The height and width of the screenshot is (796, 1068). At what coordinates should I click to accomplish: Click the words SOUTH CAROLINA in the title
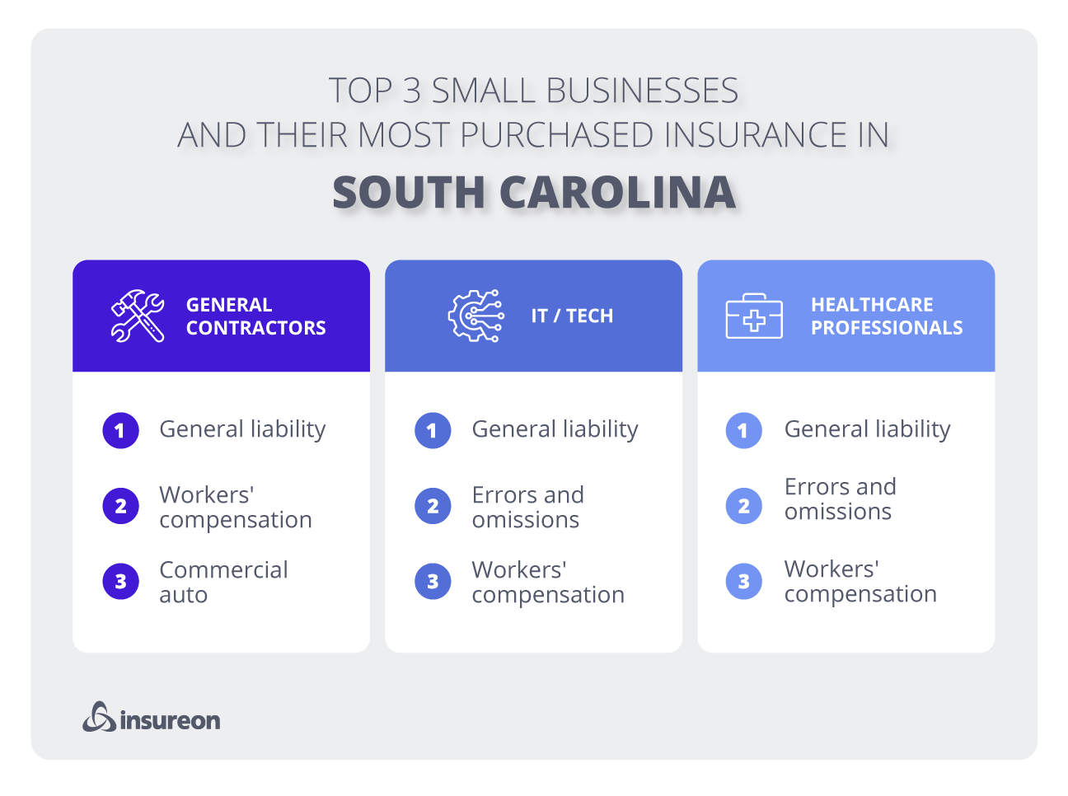[534, 192]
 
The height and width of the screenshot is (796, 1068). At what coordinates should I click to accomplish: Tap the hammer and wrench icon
[137, 316]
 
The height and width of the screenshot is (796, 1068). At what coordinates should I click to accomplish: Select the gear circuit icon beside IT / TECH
[475, 316]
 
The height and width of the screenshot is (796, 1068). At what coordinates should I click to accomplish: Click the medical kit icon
[754, 316]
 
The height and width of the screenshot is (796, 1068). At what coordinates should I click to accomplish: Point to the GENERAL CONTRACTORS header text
[255, 316]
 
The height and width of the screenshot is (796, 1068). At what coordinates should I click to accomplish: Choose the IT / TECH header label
[572, 316]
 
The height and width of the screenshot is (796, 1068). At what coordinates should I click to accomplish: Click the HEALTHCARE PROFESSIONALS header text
[886, 316]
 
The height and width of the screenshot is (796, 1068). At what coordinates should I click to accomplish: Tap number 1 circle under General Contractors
[120, 430]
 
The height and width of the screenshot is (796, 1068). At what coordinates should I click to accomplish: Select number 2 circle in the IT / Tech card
[433, 506]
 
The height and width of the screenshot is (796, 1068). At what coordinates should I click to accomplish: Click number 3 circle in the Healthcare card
[744, 582]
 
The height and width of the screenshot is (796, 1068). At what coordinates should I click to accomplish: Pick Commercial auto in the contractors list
[223, 582]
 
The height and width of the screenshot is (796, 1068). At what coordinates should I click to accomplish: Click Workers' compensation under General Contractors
[235, 507]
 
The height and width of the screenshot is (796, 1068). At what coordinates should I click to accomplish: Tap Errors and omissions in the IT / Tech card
[527, 507]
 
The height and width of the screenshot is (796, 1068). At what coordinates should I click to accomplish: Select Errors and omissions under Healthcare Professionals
[840, 499]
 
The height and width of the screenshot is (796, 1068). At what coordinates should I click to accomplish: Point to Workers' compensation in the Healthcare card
[860, 581]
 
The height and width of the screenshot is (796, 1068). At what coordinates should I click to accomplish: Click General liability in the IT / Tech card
[555, 429]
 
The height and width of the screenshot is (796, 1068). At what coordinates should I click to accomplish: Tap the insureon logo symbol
[99, 717]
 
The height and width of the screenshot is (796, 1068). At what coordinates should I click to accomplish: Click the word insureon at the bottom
[171, 720]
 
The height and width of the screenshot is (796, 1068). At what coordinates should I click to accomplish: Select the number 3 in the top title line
[411, 91]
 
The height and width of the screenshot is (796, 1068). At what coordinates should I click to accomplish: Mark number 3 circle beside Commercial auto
[120, 582]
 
